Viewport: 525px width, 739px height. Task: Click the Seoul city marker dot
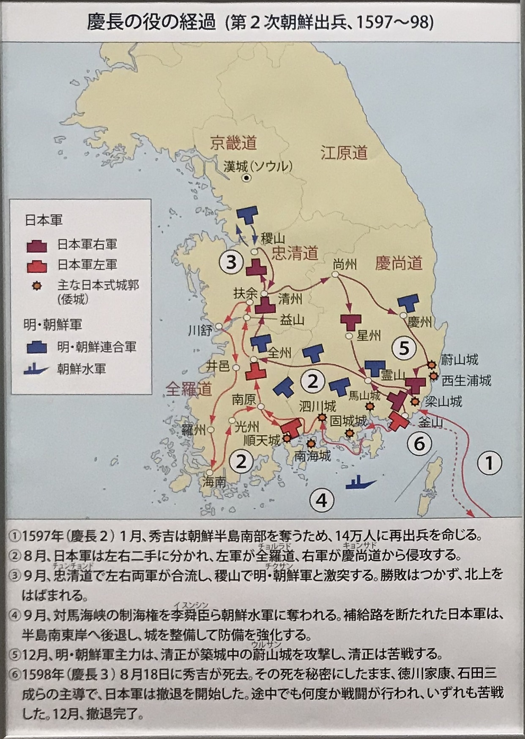click(x=246, y=178)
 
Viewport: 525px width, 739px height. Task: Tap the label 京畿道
click(x=233, y=143)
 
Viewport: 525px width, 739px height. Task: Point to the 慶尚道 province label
click(x=399, y=263)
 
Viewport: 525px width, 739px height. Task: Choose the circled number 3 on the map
click(x=231, y=263)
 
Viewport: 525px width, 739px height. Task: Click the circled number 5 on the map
click(x=404, y=348)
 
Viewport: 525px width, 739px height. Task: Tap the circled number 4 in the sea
click(x=322, y=501)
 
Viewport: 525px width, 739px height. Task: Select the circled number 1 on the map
click(x=489, y=463)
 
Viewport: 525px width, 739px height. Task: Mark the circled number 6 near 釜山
click(x=419, y=444)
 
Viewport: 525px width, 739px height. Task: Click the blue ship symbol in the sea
click(x=361, y=482)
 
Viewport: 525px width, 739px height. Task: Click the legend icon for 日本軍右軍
click(x=37, y=245)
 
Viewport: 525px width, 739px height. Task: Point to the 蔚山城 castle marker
click(x=432, y=364)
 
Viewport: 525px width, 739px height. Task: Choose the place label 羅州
click(x=194, y=430)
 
